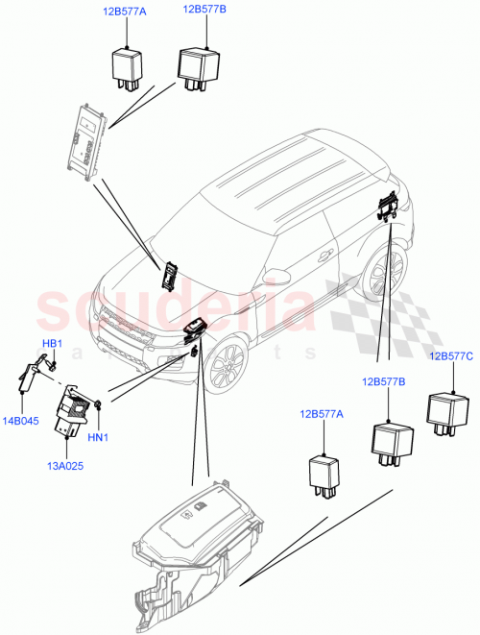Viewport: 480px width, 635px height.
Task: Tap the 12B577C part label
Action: [x=451, y=356]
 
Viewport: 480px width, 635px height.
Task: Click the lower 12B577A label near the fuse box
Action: [x=321, y=414]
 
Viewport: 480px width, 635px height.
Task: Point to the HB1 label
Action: [x=53, y=343]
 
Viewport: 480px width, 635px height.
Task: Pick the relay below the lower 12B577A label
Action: [x=326, y=472]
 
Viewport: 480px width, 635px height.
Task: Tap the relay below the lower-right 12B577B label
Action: [x=391, y=440]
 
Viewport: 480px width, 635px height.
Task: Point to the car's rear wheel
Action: [x=385, y=274]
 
